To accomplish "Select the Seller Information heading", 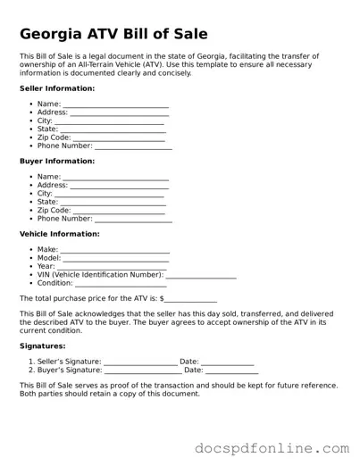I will (56, 89).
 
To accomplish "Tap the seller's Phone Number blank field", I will (133, 146).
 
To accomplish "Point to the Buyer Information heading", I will (56, 162).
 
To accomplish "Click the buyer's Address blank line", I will (119, 186).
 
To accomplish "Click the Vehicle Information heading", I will (59, 234).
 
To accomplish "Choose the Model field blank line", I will (116, 259).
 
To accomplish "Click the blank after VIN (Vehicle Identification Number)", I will (200, 276).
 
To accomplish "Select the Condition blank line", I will (124, 284).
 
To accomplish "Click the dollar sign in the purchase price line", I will (162, 298).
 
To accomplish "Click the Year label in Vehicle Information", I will (46, 267).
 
